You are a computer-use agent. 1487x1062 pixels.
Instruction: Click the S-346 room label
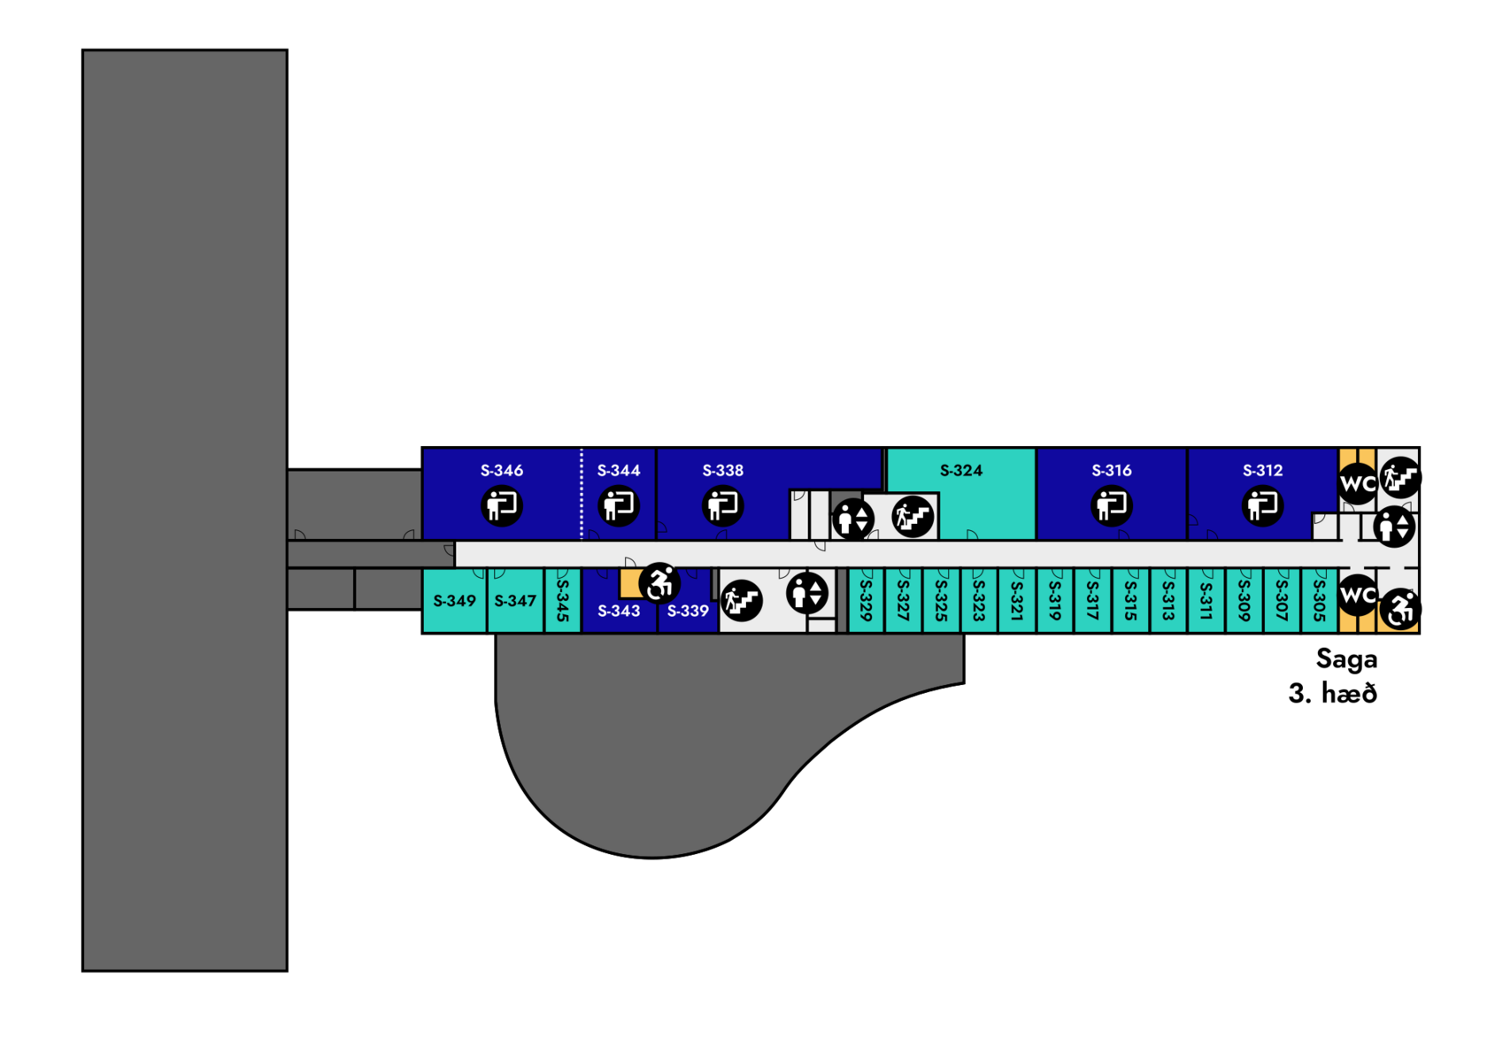click(502, 471)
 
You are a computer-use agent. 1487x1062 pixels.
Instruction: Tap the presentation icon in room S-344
click(619, 506)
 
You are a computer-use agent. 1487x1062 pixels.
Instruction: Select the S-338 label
click(723, 471)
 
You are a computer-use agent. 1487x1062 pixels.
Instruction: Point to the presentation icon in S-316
click(1112, 506)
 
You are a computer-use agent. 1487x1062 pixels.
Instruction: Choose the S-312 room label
click(1262, 471)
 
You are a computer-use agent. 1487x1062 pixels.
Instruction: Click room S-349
click(455, 601)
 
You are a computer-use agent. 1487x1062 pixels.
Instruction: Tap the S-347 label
click(515, 601)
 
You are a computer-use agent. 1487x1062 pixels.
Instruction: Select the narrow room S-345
click(562, 601)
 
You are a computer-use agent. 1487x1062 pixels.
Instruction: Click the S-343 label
click(619, 611)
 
